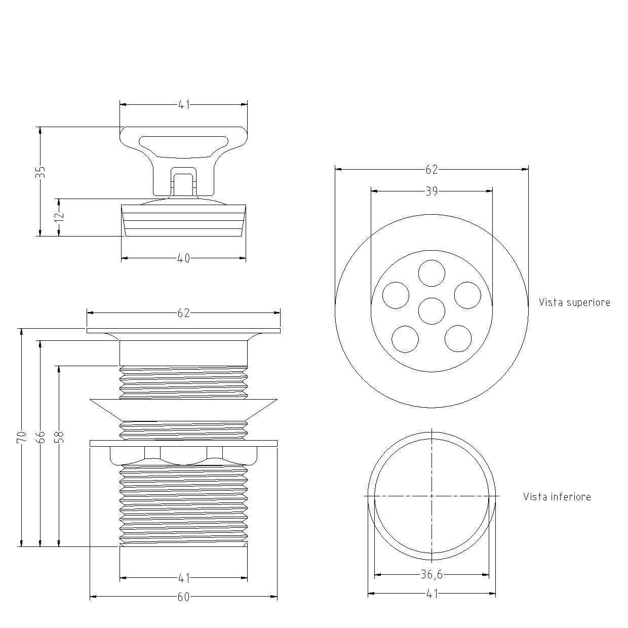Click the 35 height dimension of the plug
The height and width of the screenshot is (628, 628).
pyautogui.click(x=41, y=172)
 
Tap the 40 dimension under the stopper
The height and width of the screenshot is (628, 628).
pyautogui.click(x=183, y=258)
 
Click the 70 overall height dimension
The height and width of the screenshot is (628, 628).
pyautogui.click(x=21, y=437)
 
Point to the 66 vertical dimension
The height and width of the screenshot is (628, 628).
pyautogui.click(x=41, y=437)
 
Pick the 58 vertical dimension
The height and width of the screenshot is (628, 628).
pyautogui.click(x=59, y=437)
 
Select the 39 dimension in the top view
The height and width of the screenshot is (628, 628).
pyautogui.click(x=431, y=191)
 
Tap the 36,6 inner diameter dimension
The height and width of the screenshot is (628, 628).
pyautogui.click(x=431, y=574)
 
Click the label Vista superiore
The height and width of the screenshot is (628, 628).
pyautogui.click(x=574, y=302)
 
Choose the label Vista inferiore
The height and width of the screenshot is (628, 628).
pyautogui.click(x=557, y=497)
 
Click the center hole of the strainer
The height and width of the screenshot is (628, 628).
pyautogui.click(x=431, y=311)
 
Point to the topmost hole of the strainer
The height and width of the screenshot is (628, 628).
pyautogui.click(x=431, y=273)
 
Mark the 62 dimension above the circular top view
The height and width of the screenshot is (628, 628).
pyautogui.click(x=431, y=170)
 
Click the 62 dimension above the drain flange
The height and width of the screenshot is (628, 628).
pyautogui.click(x=183, y=313)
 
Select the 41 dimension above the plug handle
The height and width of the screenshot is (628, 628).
pyautogui.click(x=184, y=105)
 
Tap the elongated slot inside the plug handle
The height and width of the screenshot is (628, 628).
pyautogui.click(x=183, y=146)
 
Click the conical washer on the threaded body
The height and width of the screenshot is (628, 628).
pyautogui.click(x=183, y=410)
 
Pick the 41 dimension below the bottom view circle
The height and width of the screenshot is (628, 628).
pyautogui.click(x=431, y=594)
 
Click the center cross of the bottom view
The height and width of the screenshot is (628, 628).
pyautogui.click(x=431, y=496)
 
